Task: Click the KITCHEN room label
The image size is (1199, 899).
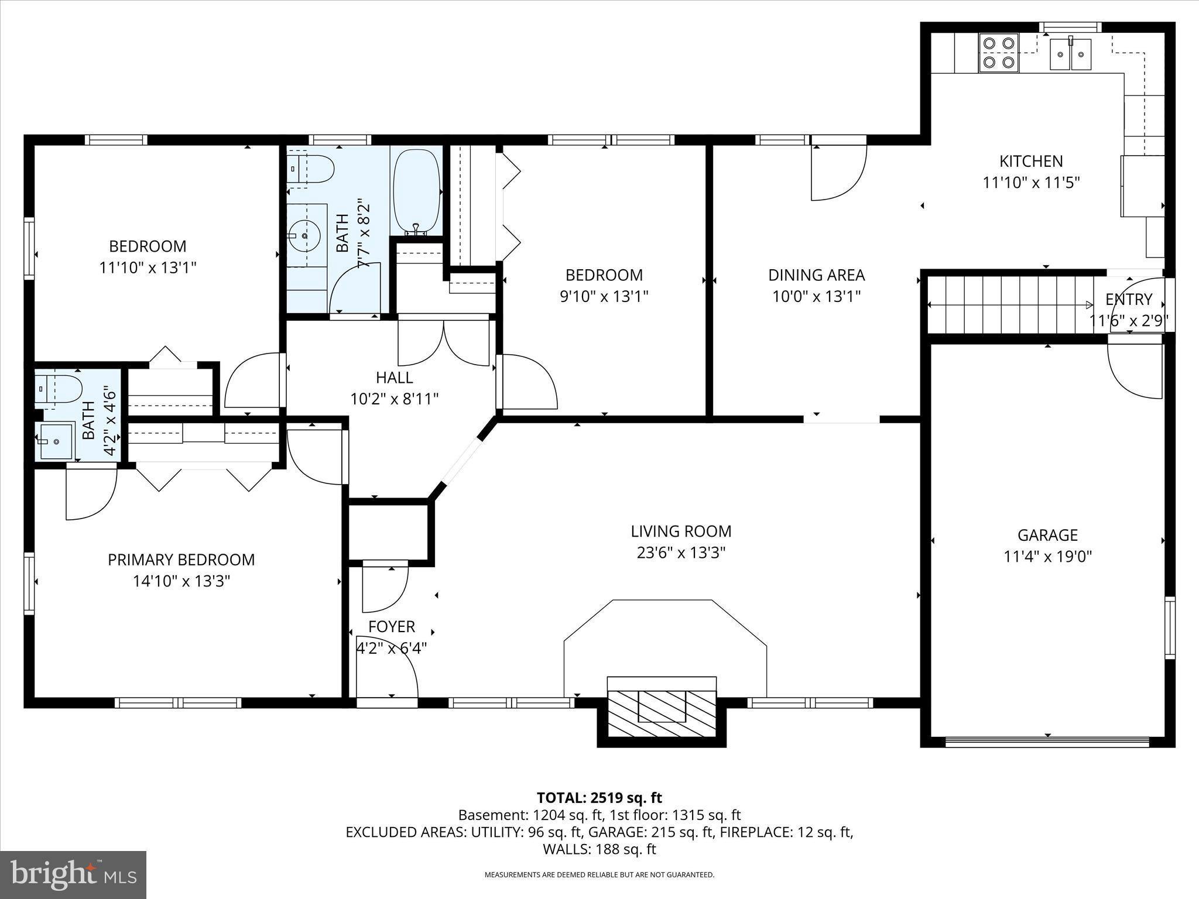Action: [1030, 161]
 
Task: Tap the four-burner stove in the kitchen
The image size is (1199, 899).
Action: [999, 52]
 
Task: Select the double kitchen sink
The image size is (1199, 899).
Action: [1070, 54]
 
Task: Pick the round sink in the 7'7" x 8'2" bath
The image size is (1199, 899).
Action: [306, 235]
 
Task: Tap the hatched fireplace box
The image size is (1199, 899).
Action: [662, 712]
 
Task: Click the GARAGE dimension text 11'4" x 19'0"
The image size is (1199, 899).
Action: [1047, 556]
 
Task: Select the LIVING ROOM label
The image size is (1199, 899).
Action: [681, 531]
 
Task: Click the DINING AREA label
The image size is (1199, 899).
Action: [816, 275]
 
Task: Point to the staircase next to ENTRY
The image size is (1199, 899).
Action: [1010, 305]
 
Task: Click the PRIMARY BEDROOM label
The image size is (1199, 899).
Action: [181, 560]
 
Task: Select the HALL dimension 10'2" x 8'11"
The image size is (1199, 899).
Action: [394, 399]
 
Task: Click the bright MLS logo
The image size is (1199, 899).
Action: [73, 874]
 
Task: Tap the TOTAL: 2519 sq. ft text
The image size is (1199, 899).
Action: [599, 798]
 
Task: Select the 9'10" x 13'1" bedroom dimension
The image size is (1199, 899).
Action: [604, 296]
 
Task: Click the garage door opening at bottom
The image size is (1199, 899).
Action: [1047, 742]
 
